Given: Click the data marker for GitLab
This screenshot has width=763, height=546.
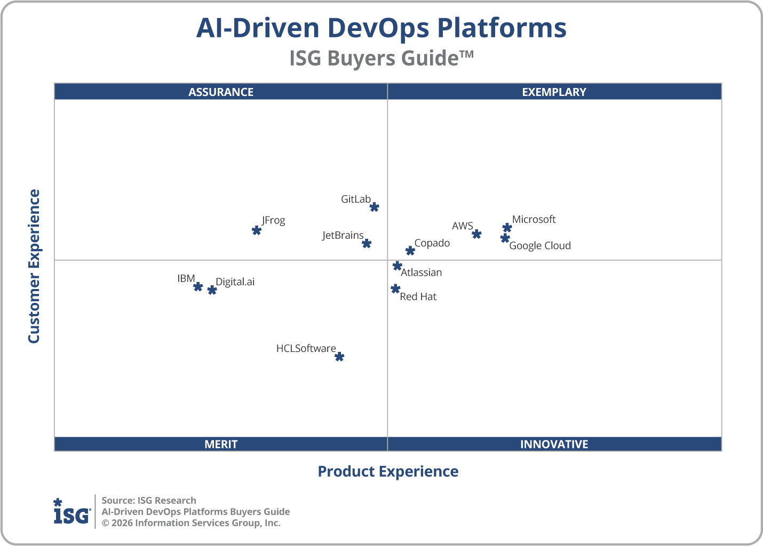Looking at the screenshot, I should point(375,207).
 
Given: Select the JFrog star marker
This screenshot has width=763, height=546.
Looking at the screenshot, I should point(257,230).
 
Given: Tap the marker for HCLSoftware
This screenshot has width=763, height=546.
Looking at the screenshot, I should point(339,356).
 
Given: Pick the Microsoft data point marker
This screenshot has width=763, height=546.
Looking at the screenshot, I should point(507,228).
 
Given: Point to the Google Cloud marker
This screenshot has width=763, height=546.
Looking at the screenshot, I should point(505,238).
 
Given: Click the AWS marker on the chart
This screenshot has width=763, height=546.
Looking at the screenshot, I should point(476,234).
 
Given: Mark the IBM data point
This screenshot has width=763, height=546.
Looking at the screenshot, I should point(198,286).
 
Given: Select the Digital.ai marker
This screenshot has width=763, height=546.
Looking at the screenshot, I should point(212,290).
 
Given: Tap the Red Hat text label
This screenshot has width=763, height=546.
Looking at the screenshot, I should point(418,296).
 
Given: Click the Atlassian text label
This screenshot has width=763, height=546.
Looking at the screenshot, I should point(421,272).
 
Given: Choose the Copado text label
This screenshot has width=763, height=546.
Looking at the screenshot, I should point(432,243).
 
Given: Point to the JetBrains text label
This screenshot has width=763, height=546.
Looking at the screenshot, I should point(343,235).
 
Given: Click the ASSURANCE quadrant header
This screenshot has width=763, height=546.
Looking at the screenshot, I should point(221,92).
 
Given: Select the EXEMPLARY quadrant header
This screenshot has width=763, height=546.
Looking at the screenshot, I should point(554,92).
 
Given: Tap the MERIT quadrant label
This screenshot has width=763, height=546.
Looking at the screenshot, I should point(221,444).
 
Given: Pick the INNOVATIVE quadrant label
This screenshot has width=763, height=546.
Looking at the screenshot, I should point(554,444).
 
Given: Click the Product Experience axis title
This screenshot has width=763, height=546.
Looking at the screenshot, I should point(388,471).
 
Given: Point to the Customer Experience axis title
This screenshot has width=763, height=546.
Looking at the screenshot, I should point(34,267).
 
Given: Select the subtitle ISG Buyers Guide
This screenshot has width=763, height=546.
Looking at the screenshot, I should point(381,58).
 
